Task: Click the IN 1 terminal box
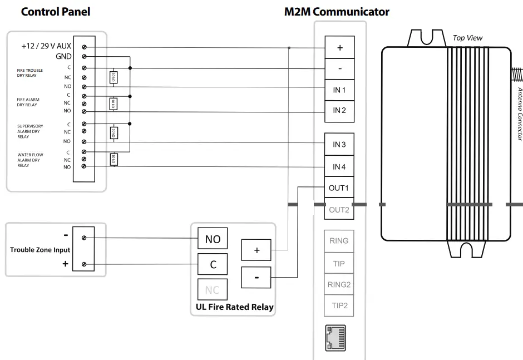[339, 90]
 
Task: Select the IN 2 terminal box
[339, 111]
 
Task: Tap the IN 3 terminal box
[339, 145]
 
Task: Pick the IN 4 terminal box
[339, 166]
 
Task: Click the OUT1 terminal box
[339, 188]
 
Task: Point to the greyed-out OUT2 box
[339, 210]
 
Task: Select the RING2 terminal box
[339, 284]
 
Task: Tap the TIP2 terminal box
[339, 305]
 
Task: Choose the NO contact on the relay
[213, 239]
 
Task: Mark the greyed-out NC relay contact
[213, 290]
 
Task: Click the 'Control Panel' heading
[55, 12]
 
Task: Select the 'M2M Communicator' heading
[337, 12]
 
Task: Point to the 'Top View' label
[467, 38]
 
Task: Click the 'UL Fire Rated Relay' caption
[235, 307]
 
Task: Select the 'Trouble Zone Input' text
[40, 250]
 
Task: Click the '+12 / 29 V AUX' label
[46, 47]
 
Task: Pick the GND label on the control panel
[63, 56]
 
